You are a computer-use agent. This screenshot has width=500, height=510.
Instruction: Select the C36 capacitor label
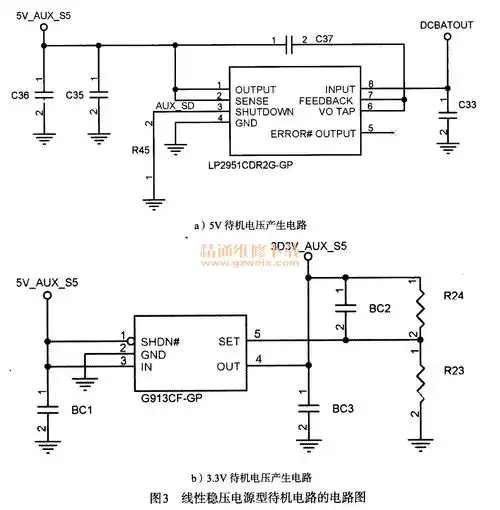[17, 95]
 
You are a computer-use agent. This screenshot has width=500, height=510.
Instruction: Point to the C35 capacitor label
[74, 95]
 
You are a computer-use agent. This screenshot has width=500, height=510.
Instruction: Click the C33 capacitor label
[467, 105]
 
